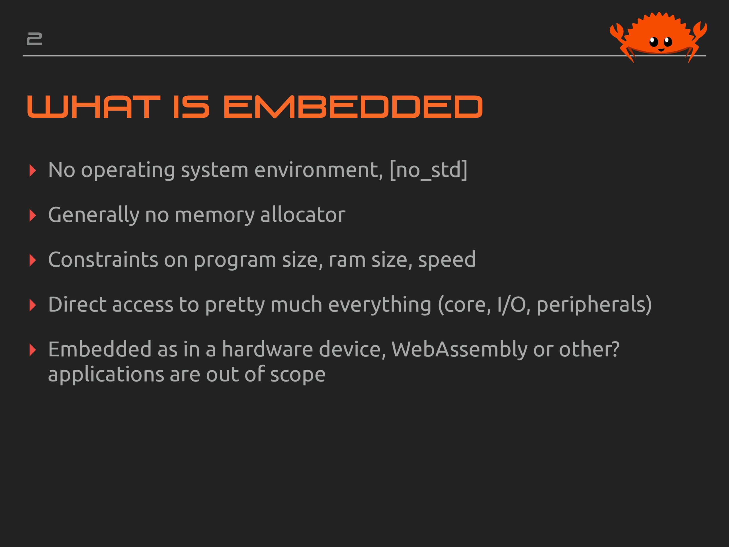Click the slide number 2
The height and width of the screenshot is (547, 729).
(34, 39)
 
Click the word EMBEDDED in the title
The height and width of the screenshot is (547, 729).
(353, 107)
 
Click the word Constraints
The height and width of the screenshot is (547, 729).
(103, 260)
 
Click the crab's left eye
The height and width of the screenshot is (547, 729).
(654, 42)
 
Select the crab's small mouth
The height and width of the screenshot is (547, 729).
(662, 50)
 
